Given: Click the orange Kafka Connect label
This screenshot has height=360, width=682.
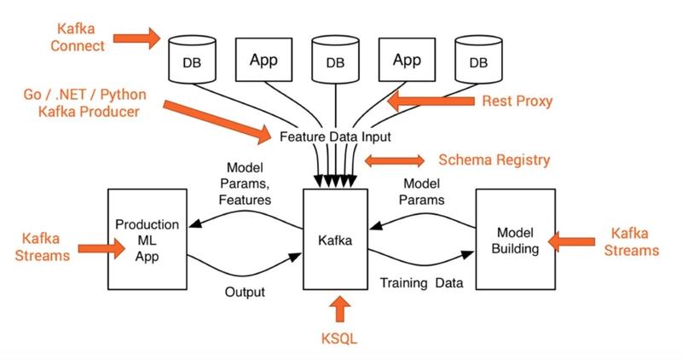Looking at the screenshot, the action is [77, 38].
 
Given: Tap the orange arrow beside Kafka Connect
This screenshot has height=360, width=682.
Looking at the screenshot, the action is [136, 38].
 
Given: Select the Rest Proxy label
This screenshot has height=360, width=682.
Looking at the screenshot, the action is [517, 101].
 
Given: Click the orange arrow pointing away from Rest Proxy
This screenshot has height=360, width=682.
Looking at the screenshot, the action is [431, 101].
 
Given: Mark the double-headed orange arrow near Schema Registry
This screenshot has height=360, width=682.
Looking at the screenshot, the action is [395, 160].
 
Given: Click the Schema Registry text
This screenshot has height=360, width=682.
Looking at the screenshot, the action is [494, 160].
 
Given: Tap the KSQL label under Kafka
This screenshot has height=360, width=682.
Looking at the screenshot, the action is [339, 338].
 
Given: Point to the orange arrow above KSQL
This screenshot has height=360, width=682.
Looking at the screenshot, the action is [339, 309].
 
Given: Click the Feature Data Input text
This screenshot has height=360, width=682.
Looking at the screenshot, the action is [335, 136].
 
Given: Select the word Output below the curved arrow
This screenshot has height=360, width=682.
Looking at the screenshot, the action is [245, 292].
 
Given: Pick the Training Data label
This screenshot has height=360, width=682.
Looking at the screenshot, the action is [421, 283].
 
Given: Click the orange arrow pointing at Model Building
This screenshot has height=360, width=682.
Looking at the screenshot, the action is [571, 241].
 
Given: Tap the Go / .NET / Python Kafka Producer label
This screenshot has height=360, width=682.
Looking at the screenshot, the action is [85, 103].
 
